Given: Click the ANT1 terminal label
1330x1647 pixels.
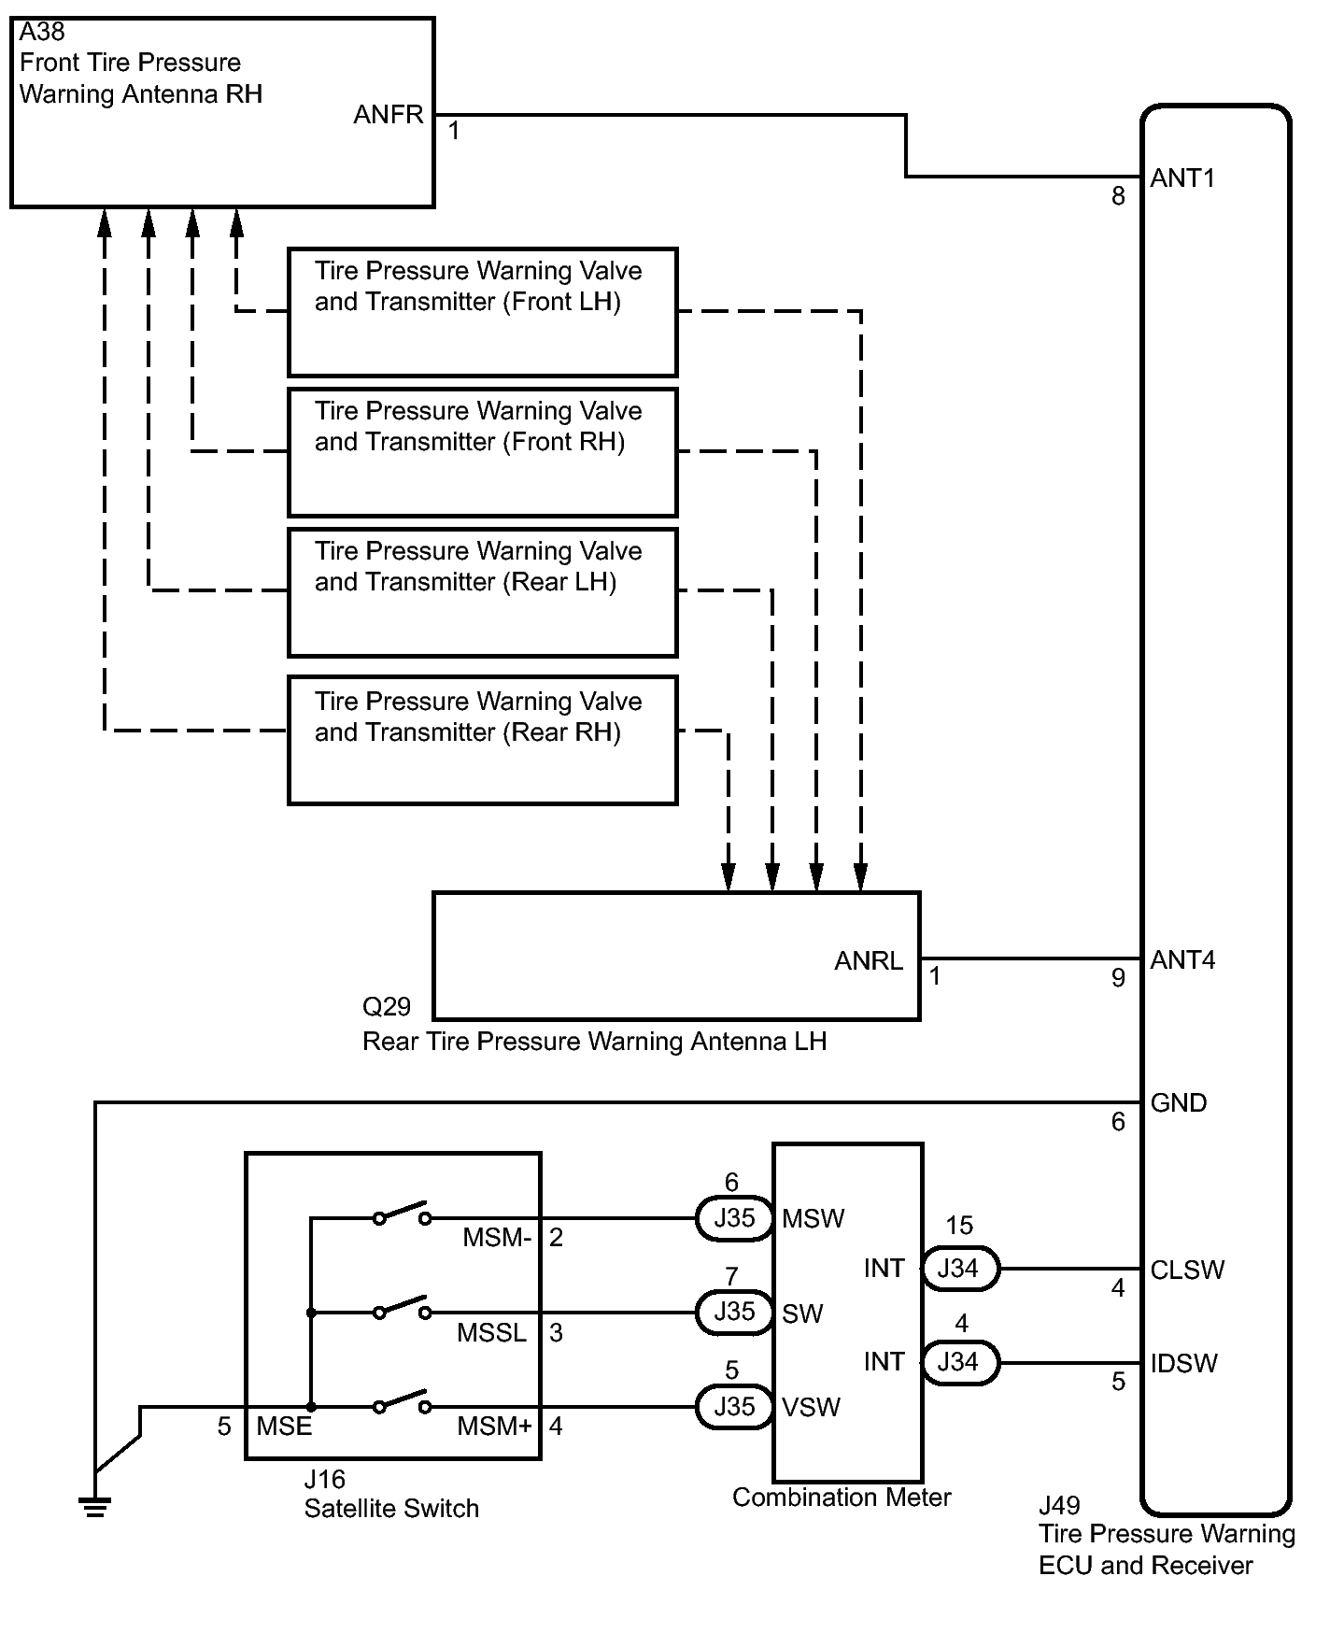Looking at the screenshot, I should [x=1182, y=177].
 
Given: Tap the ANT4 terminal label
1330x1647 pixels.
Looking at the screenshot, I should [x=1182, y=959].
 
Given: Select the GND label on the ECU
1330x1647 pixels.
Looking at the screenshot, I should [x=1178, y=1102].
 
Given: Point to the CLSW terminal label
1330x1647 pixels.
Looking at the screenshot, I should [x=1186, y=1270].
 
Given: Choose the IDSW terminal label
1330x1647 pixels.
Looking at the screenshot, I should [x=1183, y=1363].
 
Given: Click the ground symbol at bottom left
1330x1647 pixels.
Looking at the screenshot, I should [x=94, y=1506].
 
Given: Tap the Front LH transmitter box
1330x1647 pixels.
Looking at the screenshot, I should [x=482, y=312].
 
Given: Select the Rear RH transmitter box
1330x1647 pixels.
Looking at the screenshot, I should [x=482, y=741].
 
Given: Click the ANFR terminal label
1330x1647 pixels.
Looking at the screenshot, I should [x=389, y=115].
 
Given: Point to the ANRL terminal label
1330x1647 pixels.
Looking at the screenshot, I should [x=868, y=960].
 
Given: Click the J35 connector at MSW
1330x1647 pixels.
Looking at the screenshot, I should [x=734, y=1218].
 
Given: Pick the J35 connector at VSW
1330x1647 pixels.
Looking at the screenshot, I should [x=734, y=1407].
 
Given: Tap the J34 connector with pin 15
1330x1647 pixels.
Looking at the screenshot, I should [x=958, y=1269].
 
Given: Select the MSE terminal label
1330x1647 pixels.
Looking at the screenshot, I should [x=284, y=1427].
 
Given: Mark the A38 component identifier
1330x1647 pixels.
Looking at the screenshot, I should [x=42, y=33].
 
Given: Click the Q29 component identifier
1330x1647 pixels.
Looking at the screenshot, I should [x=386, y=1006].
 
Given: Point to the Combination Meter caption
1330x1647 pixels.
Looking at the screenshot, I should [x=841, y=1498].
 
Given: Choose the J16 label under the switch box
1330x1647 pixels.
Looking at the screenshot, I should [x=324, y=1480].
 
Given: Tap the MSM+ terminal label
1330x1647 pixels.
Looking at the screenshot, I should [x=494, y=1427].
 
